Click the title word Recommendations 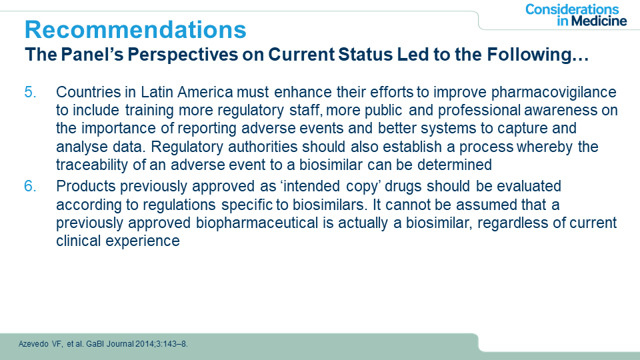tap(135, 29)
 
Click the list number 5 tap(30, 92)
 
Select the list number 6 tap(30, 186)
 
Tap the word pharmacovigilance tap(554, 93)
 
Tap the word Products tap(86, 186)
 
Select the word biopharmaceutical tap(257, 223)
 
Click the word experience tap(143, 241)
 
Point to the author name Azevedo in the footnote tap(33, 344)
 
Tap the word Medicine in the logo tap(599, 21)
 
